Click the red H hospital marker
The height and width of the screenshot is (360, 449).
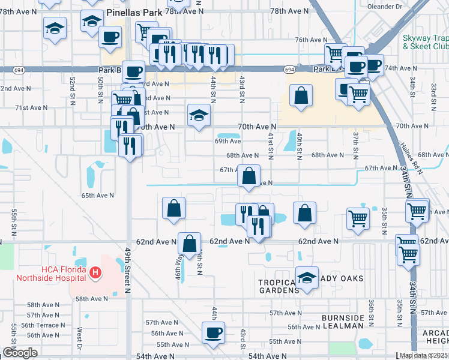94,274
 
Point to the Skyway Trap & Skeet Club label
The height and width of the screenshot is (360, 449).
425,42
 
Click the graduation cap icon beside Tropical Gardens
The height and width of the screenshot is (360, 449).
307,277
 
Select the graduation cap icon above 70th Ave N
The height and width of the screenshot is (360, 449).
199,115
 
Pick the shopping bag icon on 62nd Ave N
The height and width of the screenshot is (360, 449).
189,244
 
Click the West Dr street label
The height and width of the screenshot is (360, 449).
79,338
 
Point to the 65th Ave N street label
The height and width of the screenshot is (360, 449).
98,196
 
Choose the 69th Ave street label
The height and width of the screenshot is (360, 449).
228,141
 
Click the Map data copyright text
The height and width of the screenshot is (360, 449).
424,355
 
